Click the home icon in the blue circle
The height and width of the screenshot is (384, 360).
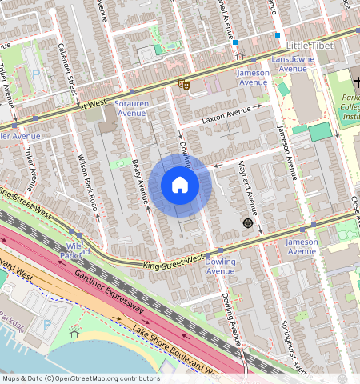(180, 186)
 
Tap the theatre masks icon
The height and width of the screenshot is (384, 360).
(184, 82)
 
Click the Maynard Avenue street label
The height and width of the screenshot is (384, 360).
(246, 188)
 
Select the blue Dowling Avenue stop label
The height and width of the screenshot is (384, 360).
(221, 266)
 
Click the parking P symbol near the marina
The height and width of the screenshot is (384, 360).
(46, 324)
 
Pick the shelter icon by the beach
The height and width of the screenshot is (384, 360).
(75, 333)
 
